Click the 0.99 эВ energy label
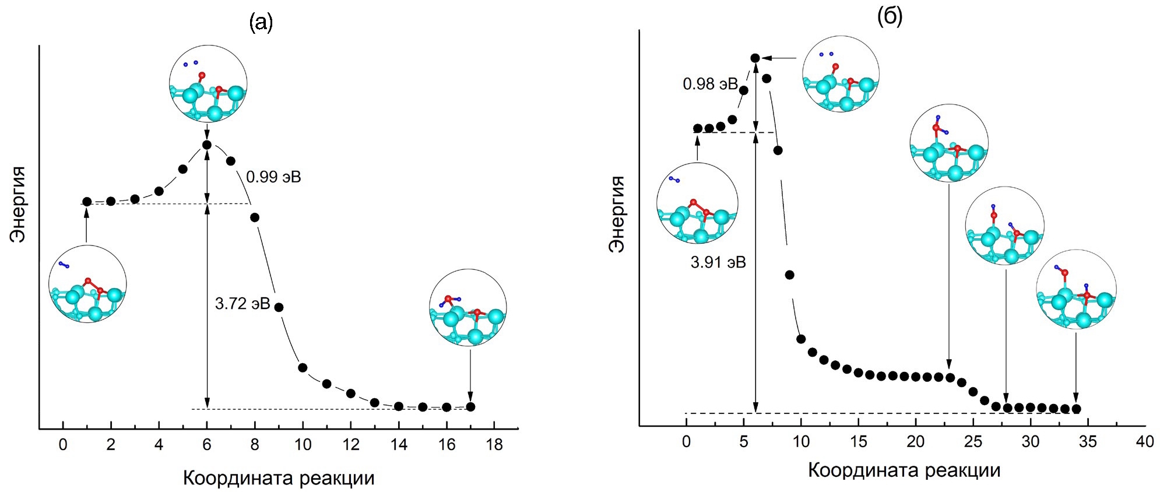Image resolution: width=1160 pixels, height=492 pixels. tap(273, 177)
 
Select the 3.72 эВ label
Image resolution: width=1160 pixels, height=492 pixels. tap(242, 304)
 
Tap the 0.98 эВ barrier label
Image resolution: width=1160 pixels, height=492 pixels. tap(710, 84)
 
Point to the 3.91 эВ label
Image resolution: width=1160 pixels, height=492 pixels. tap(718, 263)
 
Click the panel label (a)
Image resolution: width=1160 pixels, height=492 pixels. tap(261, 23)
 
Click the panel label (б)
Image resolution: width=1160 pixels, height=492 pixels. tap(890, 17)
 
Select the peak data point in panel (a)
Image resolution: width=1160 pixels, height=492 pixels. tap(207, 145)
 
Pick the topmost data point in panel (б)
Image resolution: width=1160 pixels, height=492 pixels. tap(755, 58)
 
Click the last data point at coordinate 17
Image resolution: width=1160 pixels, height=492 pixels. tap(470, 407)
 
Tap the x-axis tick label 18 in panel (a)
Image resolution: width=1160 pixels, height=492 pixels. tap(494, 445)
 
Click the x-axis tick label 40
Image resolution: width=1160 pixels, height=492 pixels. tap(1145, 442)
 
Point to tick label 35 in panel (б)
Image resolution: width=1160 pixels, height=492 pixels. tap(1088, 442)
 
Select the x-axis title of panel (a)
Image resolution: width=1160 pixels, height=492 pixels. tap(279, 479)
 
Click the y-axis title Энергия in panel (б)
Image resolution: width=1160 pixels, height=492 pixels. tap(616, 214)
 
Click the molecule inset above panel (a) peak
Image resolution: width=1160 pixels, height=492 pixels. tap(208, 84)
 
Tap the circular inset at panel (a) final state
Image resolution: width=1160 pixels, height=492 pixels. tap(468, 308)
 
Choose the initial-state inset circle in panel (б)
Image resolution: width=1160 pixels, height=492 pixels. tap(697, 203)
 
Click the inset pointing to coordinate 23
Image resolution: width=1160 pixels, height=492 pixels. tap(948, 143)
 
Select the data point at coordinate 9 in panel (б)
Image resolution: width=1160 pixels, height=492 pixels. tap(790, 275)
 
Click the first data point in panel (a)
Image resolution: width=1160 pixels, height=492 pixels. tap(87, 202)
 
